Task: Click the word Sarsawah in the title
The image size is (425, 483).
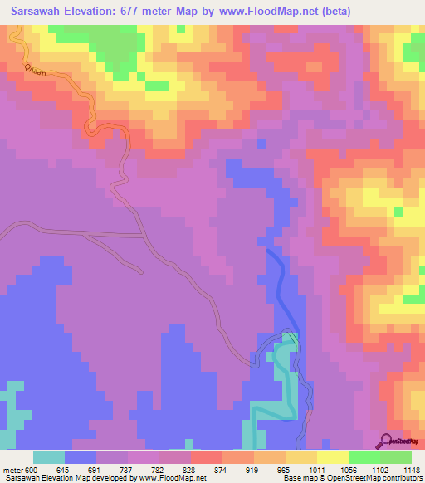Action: tap(38, 12)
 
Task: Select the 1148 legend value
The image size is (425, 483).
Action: tap(412, 471)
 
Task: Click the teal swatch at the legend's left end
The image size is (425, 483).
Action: tap(49, 457)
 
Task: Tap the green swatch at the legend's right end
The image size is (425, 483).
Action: tap(396, 457)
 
